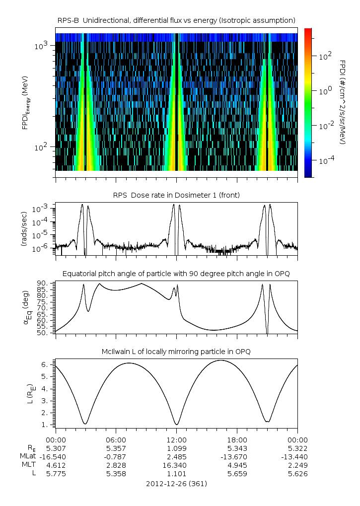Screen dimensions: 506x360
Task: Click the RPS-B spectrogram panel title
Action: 176,20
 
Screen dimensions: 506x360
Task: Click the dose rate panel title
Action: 176,195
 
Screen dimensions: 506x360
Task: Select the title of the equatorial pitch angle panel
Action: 176,274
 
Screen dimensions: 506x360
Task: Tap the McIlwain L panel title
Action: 176,352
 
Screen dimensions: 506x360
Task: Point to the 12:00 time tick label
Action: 176,439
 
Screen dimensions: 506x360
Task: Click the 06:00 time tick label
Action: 116,439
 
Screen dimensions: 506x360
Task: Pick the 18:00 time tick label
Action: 237,439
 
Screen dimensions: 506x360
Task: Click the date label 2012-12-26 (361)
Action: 176,483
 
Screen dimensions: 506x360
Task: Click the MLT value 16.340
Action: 176,465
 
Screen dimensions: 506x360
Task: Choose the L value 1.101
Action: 176,474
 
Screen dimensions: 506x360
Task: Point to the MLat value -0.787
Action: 116,456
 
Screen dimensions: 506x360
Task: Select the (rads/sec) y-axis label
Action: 24,228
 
